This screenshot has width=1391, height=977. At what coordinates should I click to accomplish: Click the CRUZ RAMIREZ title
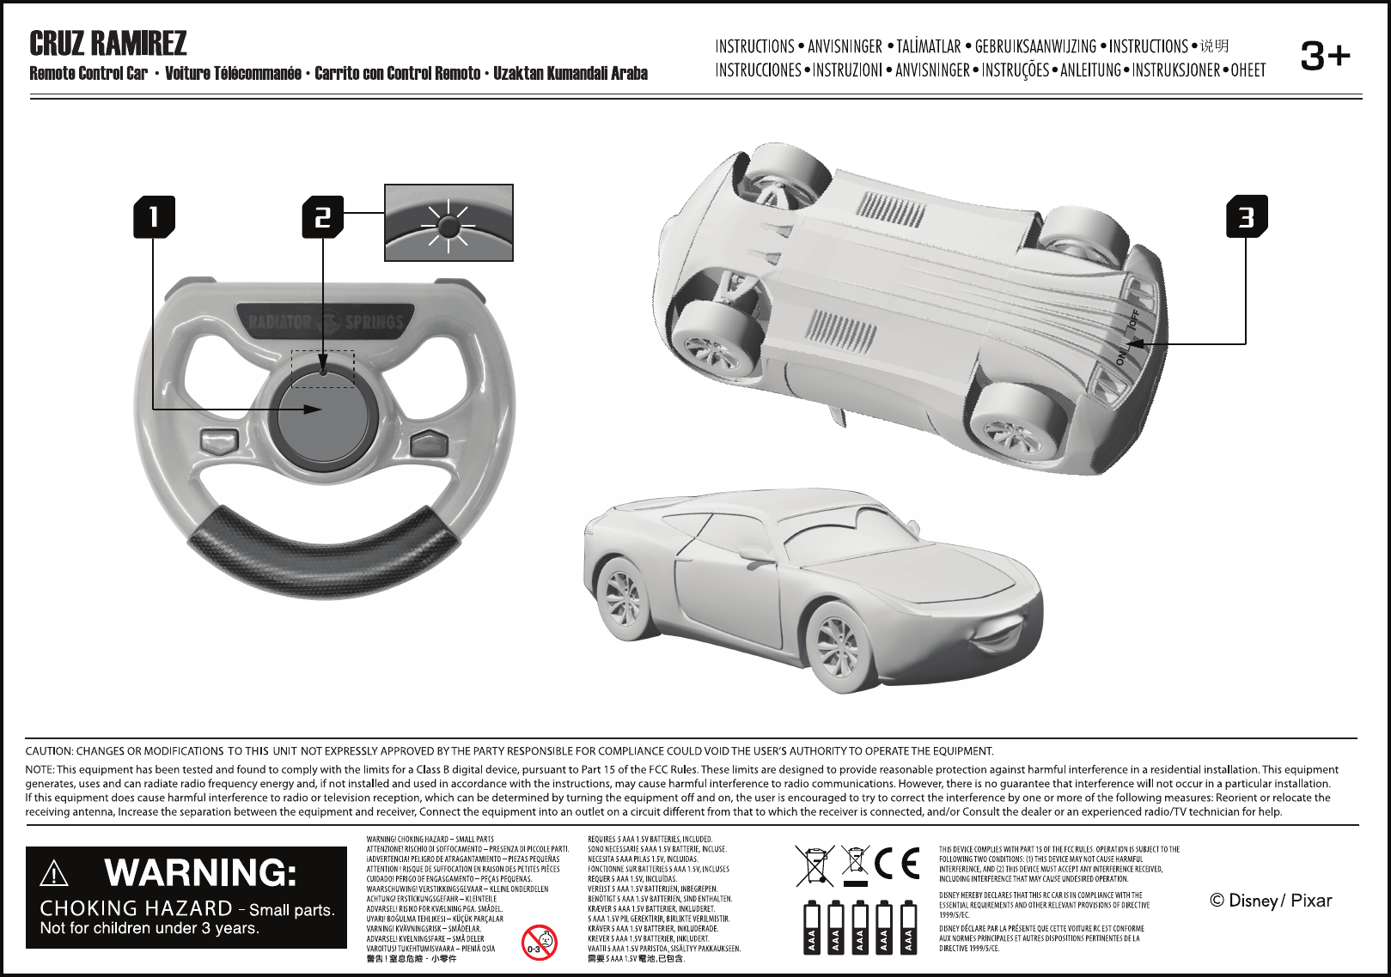pos(108,43)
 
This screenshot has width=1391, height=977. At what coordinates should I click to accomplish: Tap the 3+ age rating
pos(1325,57)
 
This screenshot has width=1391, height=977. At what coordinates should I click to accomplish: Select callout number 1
pos(154,216)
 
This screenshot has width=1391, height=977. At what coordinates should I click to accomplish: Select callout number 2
pos(322,216)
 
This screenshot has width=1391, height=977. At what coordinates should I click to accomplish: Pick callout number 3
pos(1246,216)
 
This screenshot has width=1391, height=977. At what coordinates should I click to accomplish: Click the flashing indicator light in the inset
pos(448,226)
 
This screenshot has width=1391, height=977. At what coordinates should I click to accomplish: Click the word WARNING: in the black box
pos(200,873)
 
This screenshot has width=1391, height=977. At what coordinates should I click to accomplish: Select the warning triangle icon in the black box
pos(54,874)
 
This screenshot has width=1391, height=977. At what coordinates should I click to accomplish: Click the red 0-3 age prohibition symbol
pos(539,944)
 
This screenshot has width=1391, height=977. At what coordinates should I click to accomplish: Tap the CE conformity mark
pos(897,864)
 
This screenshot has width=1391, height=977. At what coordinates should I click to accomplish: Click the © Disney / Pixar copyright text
pos(1271,901)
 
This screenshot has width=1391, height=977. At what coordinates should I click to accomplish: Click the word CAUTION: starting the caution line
pos(49,751)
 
